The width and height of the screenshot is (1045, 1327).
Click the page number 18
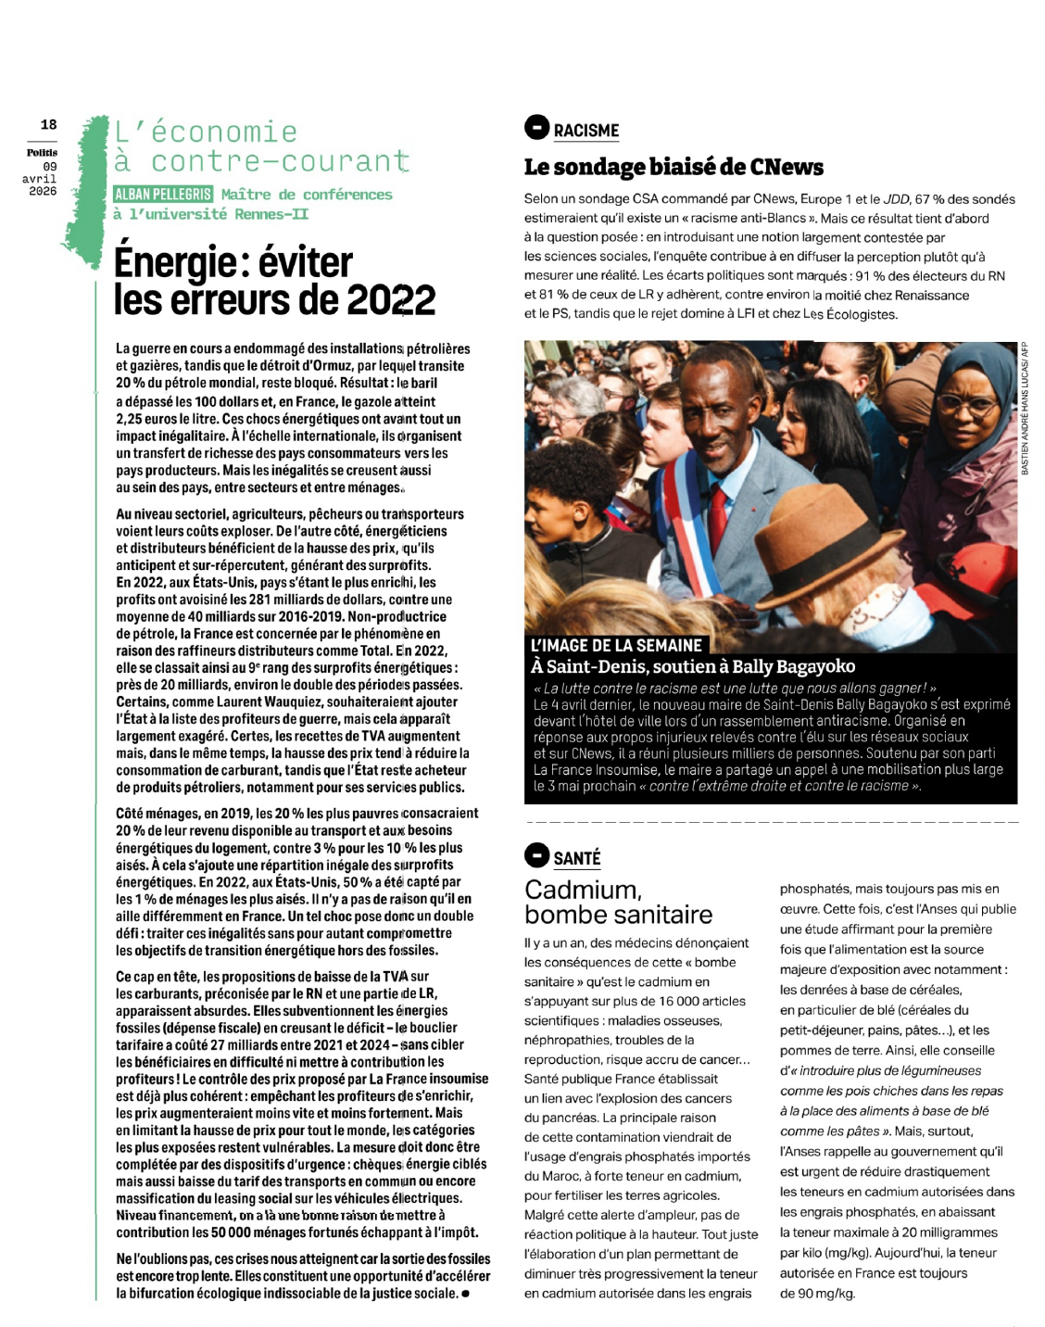coord(48,124)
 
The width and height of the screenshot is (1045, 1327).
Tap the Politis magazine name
coord(42,152)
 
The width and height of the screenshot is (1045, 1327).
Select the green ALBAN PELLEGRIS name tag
coord(163,195)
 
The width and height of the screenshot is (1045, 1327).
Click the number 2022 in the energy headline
coord(391,300)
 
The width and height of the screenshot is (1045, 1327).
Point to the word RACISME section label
coord(586,131)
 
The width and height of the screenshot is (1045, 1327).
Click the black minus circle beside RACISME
coord(536,127)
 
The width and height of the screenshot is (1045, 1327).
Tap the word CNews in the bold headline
coord(786,168)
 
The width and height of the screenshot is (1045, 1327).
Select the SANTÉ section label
coord(577,858)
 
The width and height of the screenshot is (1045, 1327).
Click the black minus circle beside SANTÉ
coord(536,854)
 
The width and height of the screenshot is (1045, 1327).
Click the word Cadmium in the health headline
coord(581,890)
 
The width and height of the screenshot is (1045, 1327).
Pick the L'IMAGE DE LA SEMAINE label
coord(616,646)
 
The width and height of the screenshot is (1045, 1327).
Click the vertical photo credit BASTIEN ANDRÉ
coord(1025,408)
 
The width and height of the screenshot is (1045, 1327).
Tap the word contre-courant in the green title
coord(279,162)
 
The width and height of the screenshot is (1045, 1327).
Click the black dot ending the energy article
coord(465,1294)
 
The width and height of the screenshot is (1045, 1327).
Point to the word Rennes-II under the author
coord(273,214)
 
